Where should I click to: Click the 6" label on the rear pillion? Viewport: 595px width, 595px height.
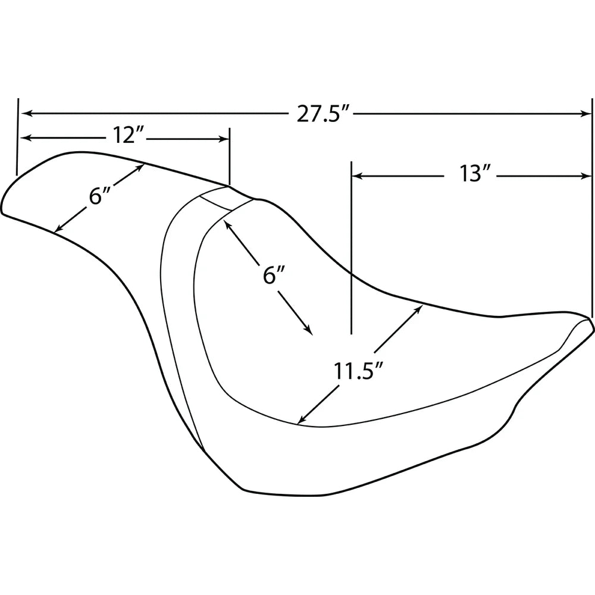[99, 196]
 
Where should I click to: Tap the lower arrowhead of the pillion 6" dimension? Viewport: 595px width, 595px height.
[59, 228]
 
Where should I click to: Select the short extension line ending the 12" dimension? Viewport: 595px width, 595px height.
[229, 156]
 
